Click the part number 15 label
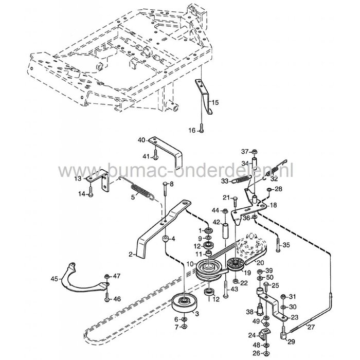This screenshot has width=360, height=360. (215, 103)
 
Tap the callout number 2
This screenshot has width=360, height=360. (132, 254)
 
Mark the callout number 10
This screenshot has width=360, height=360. (190, 265)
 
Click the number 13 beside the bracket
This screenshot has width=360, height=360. (79, 178)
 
